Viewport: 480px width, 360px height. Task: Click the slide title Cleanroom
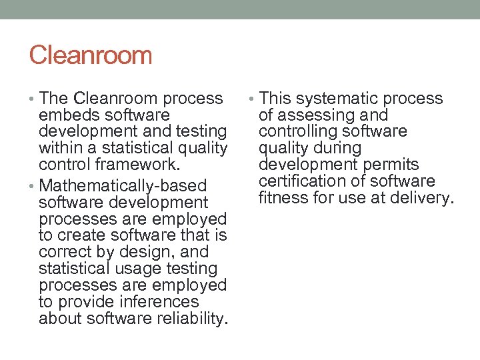point(91,55)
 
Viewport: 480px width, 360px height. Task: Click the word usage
point(131,269)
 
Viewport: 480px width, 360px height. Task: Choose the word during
point(337,148)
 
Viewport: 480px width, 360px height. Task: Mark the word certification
point(299,181)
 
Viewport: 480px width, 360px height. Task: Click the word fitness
point(283,197)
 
